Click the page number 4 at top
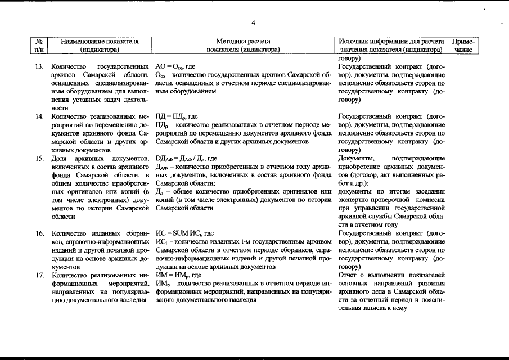tap(254, 22)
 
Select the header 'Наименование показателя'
tap(100, 42)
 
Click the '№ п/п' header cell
tap(39, 46)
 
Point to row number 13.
tap(39, 66)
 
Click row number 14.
tap(39, 116)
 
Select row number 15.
tap(39, 158)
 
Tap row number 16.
tap(39, 233)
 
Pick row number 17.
tap(39, 275)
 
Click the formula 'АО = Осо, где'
tap(175, 66)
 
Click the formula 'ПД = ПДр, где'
tap(177, 116)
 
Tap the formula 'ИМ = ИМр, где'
tap(178, 275)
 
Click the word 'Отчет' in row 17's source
tap(349, 275)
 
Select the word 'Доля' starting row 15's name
tap(58, 158)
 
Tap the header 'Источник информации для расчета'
tap(391, 42)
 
